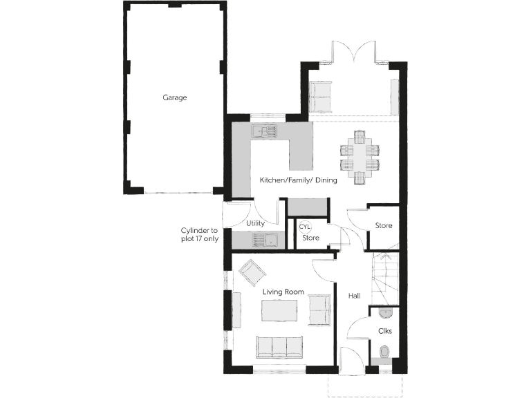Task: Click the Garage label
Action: point(175,97)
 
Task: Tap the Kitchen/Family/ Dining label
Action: point(298,180)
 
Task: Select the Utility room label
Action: point(256,224)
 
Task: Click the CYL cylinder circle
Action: point(305,226)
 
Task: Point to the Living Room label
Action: point(283,292)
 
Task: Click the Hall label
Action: point(355,296)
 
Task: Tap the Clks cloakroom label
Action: point(385,331)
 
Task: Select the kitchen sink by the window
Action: point(263,130)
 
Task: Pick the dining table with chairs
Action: point(360,160)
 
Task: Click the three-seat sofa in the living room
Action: point(279,345)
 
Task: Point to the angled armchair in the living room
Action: point(251,272)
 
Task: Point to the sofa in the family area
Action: point(320,97)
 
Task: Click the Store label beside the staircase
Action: point(384,226)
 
